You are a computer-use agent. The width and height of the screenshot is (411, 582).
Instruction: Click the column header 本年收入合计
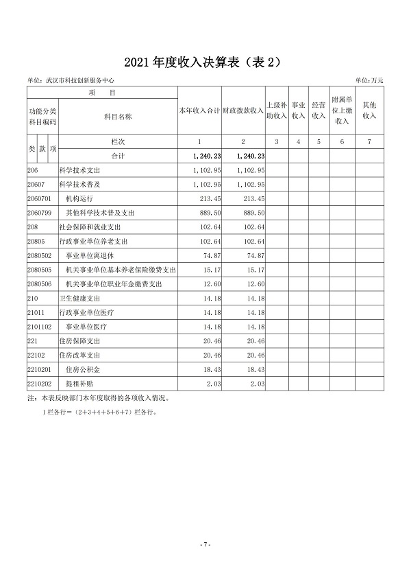pyautogui.click(x=199, y=110)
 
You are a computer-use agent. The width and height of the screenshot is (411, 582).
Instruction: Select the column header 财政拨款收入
pyautogui.click(x=243, y=110)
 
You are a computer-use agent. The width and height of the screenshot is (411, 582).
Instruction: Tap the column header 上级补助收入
pyautogui.click(x=276, y=110)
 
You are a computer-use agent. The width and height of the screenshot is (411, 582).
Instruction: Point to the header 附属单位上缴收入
pyautogui.click(x=341, y=110)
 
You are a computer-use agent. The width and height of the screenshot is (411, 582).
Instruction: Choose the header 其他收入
pyautogui.click(x=370, y=110)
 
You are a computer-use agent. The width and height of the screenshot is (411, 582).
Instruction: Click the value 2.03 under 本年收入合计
pyautogui.click(x=212, y=384)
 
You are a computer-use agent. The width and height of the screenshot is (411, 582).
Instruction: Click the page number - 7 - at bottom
pyautogui.click(x=205, y=544)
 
